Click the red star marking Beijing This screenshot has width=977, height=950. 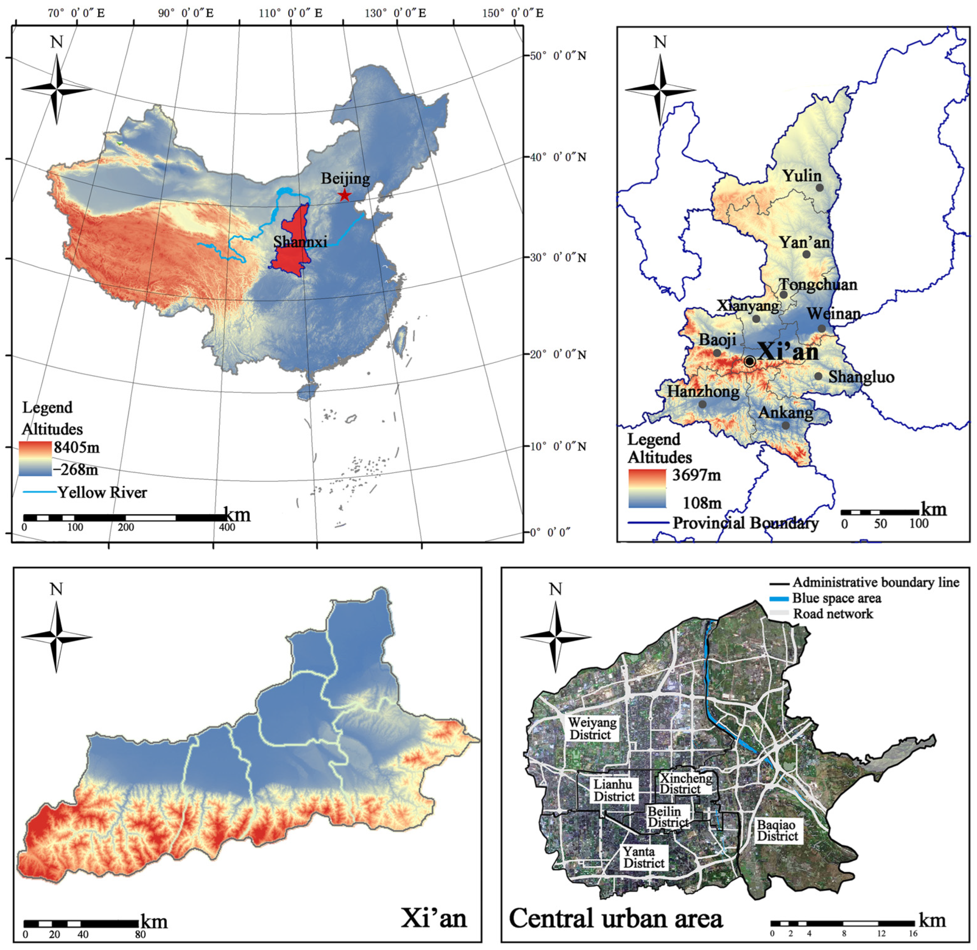tap(344, 195)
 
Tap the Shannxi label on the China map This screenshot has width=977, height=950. tap(300, 241)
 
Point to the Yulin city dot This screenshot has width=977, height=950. tap(819, 188)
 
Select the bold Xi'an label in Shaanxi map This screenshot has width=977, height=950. tap(788, 352)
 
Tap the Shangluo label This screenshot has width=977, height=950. tap(861, 377)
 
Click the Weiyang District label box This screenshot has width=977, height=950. tap(592, 728)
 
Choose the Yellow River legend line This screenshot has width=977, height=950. tap(39, 492)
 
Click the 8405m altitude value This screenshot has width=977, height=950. tap(77, 448)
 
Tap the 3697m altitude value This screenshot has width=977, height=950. tap(696, 474)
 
